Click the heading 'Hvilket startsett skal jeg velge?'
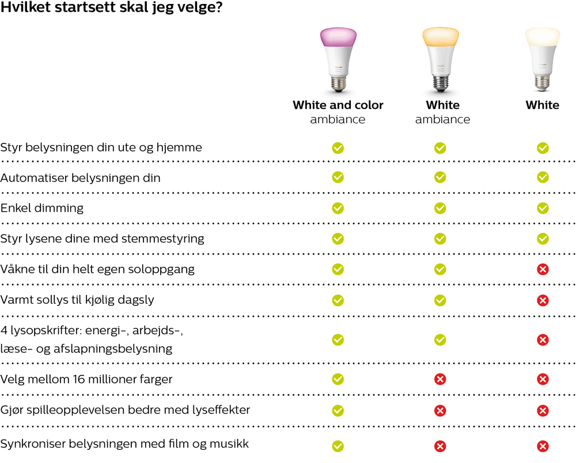point(112,10)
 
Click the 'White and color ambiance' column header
point(338,112)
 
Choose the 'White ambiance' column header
point(442,112)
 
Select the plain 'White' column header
point(542,105)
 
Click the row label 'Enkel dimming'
point(42,208)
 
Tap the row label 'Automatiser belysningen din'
point(81,178)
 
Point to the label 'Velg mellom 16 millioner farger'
point(86,379)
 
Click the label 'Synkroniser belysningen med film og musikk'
point(124,444)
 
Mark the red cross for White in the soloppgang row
point(543,269)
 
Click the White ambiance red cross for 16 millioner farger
point(440,379)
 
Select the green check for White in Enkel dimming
point(543,208)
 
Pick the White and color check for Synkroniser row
point(338,446)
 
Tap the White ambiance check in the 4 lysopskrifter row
point(440,340)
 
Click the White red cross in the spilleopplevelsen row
point(543,411)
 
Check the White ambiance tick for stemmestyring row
point(440,238)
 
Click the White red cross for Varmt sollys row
point(543,300)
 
